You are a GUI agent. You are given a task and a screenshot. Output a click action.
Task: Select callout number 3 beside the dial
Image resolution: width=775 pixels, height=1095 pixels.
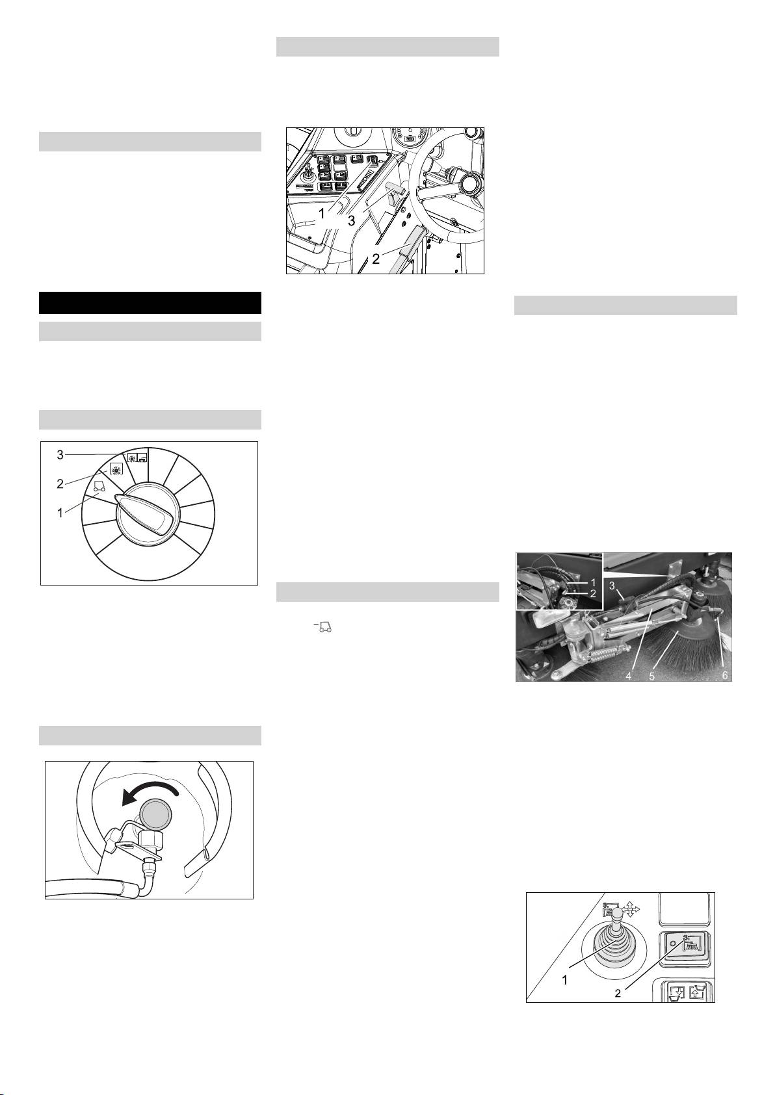click(60, 455)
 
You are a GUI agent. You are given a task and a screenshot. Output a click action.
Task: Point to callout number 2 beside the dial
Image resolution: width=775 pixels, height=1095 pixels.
click(60, 484)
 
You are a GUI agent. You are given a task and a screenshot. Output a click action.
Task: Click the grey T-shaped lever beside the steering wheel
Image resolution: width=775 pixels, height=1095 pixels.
click(393, 190)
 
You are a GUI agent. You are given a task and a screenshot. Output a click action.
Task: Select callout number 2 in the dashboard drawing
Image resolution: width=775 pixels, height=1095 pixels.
click(376, 259)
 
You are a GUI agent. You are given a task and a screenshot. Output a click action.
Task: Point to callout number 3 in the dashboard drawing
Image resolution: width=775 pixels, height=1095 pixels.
click(351, 220)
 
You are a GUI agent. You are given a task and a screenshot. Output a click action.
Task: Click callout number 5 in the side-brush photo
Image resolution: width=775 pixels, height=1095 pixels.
click(651, 675)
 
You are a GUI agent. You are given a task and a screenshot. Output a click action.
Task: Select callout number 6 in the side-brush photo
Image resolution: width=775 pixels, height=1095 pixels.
click(725, 675)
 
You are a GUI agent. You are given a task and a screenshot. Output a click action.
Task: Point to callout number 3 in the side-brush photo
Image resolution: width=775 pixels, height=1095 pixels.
click(611, 585)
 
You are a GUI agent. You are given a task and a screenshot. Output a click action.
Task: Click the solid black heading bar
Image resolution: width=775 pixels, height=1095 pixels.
click(150, 303)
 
